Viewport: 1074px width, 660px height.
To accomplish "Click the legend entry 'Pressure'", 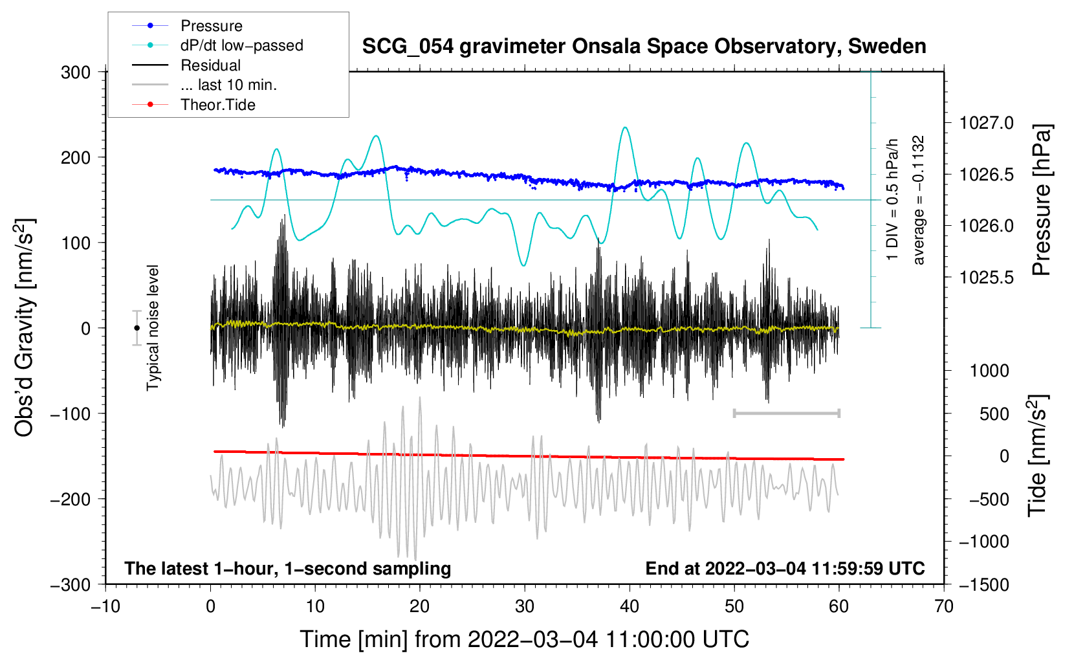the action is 212,25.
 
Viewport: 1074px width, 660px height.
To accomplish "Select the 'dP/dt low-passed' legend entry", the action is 242,45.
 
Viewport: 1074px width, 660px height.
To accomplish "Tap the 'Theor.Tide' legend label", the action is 217,105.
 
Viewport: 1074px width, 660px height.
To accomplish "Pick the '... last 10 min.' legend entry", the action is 228,85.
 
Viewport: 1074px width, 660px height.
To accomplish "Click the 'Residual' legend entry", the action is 210,65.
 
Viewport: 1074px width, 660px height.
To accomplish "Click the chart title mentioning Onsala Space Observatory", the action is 644,47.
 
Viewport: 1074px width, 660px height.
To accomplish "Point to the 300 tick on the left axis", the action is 76,72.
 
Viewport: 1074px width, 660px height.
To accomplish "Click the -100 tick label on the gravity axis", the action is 71,414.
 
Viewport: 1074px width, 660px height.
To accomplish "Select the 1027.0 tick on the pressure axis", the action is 986,124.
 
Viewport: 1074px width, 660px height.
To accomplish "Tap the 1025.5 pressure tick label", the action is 986,277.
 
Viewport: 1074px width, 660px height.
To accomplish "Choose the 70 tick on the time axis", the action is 943,607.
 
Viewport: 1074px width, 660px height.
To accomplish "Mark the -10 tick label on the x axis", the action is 105,607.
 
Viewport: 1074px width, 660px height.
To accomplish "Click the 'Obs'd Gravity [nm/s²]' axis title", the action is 24,327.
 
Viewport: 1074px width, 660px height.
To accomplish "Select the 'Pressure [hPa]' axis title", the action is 1041,200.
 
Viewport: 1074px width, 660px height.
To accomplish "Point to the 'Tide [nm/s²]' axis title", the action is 1038,456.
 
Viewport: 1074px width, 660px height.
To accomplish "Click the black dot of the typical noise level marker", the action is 137,328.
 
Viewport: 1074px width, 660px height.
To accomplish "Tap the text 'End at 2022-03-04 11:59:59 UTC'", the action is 785,568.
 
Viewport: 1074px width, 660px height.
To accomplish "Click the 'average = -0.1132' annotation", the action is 917,200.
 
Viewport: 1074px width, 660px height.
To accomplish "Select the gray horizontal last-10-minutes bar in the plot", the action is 786,413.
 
